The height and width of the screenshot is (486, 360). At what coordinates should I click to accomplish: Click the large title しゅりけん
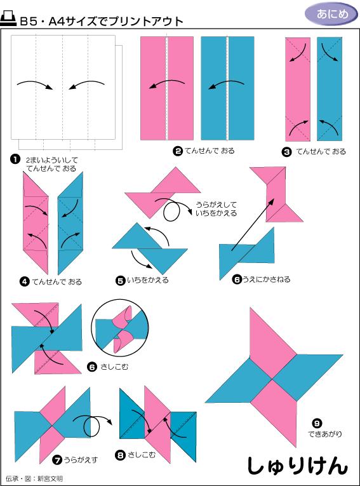click(x=297, y=465)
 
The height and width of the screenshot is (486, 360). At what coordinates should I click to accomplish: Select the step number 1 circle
click(x=15, y=159)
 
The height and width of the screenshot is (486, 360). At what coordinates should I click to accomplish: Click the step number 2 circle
click(x=178, y=151)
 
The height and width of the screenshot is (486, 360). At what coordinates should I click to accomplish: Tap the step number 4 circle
click(x=24, y=281)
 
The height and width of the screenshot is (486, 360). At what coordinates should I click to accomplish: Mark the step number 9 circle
click(x=317, y=422)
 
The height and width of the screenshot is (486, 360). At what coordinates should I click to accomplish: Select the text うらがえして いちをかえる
click(x=216, y=208)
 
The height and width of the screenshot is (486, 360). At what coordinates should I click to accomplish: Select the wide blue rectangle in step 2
click(x=227, y=88)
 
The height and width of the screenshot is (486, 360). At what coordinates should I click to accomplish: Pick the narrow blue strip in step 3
click(x=329, y=89)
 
